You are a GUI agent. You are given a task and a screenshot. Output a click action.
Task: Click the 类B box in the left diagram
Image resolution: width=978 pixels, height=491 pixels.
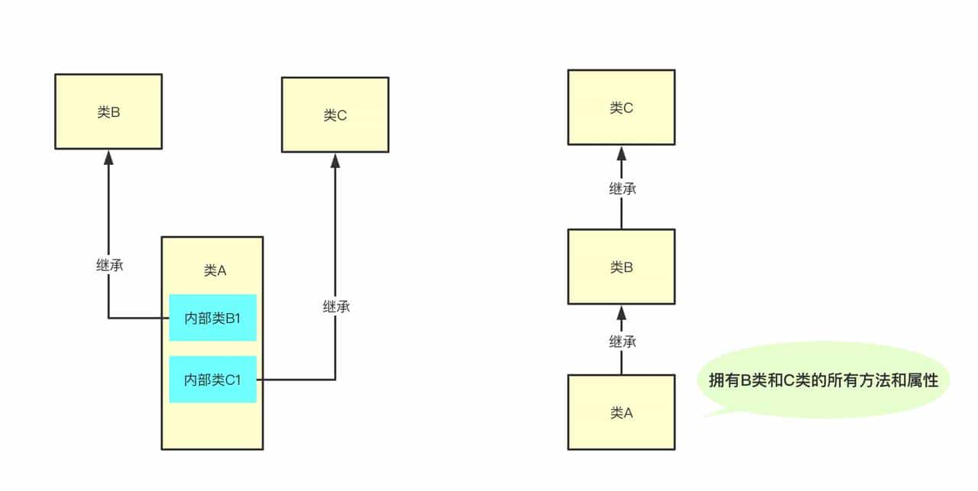coord(108,111)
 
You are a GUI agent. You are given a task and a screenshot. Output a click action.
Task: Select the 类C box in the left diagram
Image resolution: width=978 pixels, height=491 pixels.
coord(335,115)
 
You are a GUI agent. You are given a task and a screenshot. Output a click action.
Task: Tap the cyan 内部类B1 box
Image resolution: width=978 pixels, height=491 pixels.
coord(212,318)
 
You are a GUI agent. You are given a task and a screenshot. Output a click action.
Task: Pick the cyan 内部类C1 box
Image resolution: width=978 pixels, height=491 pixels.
coord(212,380)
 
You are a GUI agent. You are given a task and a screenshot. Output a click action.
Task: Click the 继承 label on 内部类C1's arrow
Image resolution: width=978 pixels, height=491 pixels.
coord(336,307)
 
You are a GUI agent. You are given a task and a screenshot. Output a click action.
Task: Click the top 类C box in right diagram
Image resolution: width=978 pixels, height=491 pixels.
coord(621,108)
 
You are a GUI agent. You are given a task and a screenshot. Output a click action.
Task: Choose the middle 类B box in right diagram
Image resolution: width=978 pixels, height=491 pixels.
coord(621,267)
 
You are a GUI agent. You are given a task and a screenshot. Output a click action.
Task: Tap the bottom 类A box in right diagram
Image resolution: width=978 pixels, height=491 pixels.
coord(621,412)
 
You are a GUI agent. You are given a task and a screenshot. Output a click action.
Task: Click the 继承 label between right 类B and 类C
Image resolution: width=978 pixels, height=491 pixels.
coord(622,189)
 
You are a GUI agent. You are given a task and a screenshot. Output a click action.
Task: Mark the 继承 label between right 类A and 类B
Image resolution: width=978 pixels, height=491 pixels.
coord(622,342)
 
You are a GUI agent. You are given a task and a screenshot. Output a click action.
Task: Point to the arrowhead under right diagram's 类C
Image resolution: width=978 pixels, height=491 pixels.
coord(621,152)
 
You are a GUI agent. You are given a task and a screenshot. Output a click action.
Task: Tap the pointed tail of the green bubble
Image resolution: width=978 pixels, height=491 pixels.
coord(706,415)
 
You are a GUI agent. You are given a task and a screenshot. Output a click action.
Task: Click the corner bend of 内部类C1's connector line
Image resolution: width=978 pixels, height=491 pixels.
coord(335,380)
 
